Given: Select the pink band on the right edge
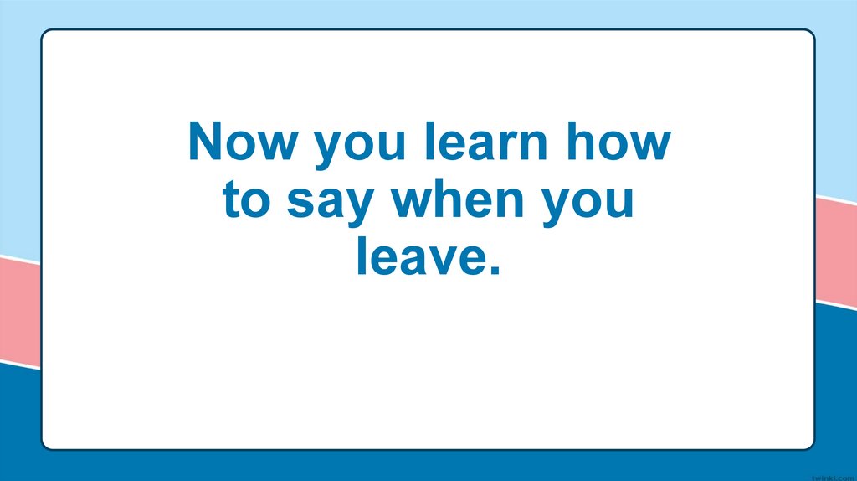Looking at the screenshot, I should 836,251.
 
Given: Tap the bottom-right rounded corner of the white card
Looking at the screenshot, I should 809,445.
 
